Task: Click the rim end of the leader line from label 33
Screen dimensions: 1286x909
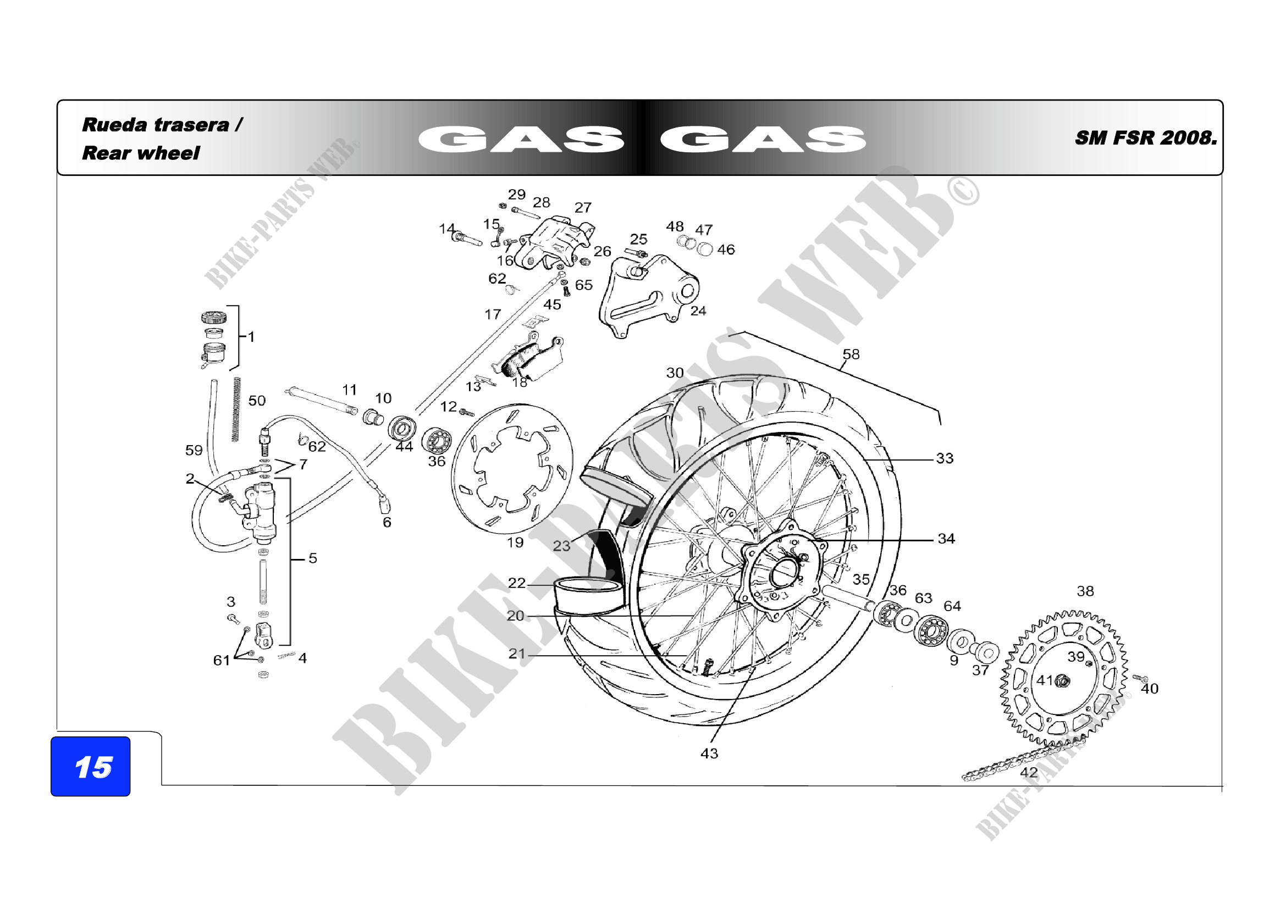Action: [863, 460]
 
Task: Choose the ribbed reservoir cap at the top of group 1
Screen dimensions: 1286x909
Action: [214, 318]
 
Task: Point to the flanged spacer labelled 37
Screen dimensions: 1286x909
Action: [984, 653]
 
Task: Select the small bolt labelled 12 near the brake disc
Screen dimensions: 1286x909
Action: [467, 413]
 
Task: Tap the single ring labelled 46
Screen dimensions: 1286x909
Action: [705, 250]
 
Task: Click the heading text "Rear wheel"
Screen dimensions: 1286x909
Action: [141, 153]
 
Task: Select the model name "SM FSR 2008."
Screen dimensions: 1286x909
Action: [1146, 138]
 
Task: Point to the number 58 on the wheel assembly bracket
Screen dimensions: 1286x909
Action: [851, 354]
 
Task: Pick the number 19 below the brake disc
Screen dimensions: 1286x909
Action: [515, 542]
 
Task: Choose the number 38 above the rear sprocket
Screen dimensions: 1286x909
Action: [1085, 591]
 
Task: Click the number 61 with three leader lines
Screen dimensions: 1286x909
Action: [222, 661]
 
